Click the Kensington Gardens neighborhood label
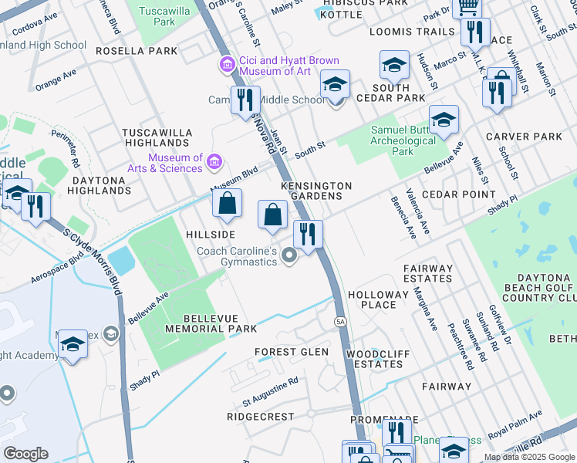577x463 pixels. click(x=316, y=191)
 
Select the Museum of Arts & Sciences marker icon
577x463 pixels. click(x=215, y=162)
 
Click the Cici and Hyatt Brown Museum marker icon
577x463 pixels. click(x=227, y=65)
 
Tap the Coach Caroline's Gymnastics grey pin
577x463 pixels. click(x=289, y=255)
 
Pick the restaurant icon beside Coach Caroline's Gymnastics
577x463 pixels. click(x=308, y=235)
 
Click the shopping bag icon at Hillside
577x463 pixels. click(x=228, y=204)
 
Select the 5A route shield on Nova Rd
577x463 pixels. click(x=340, y=320)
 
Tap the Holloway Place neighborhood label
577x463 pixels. click(x=377, y=299)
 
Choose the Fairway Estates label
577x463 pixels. click(x=427, y=273)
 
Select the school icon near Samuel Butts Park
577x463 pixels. click(x=444, y=120)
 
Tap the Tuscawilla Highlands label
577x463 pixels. click(x=157, y=137)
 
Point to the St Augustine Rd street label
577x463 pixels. click(x=270, y=391)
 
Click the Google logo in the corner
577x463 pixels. click(x=26, y=454)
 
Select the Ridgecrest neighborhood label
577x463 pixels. click(x=260, y=417)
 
